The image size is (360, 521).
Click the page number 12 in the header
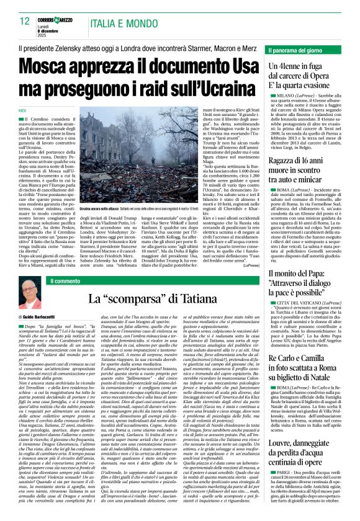click(x=25, y=21)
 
